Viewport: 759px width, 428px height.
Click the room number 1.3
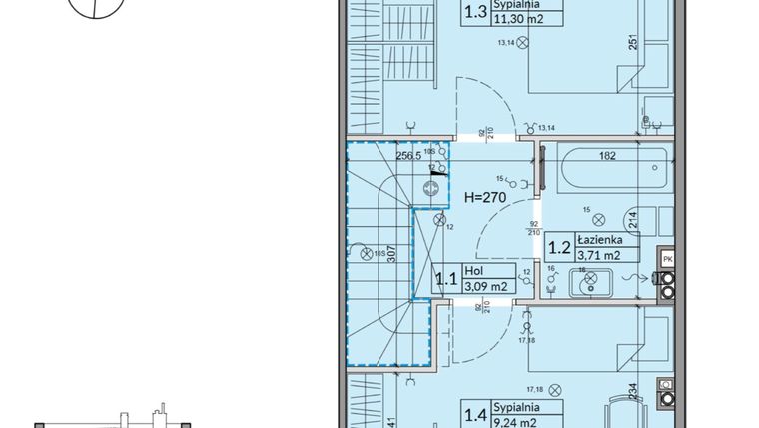477,13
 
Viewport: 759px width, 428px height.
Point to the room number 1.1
445,278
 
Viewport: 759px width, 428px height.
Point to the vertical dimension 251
632,44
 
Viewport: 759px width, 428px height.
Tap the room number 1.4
477,413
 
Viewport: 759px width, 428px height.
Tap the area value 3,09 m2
488,287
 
